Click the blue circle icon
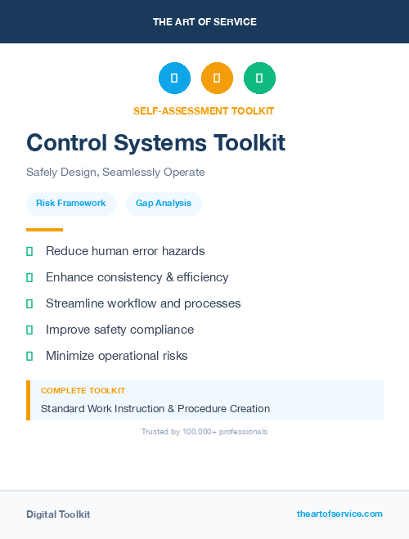pyautogui.click(x=174, y=78)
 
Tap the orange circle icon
pyautogui.click(x=217, y=78)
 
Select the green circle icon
pyautogui.click(x=259, y=78)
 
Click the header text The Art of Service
pyautogui.click(x=204, y=22)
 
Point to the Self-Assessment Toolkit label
pyautogui.click(x=204, y=111)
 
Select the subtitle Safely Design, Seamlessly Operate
pyautogui.click(x=115, y=173)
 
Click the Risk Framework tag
pyautogui.click(x=71, y=203)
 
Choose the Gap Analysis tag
pyautogui.click(x=164, y=203)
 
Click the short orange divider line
pyautogui.click(x=44, y=230)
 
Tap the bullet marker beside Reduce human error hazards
pyautogui.click(x=29, y=251)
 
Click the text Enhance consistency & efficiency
pyautogui.click(x=137, y=277)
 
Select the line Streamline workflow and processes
pyautogui.click(x=143, y=303)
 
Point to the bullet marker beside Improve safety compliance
pyautogui.click(x=29, y=330)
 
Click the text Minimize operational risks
pyautogui.click(x=117, y=356)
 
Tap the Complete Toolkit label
pyautogui.click(x=83, y=391)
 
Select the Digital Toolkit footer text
pyautogui.click(x=58, y=514)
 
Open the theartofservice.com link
pyautogui.click(x=339, y=514)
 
